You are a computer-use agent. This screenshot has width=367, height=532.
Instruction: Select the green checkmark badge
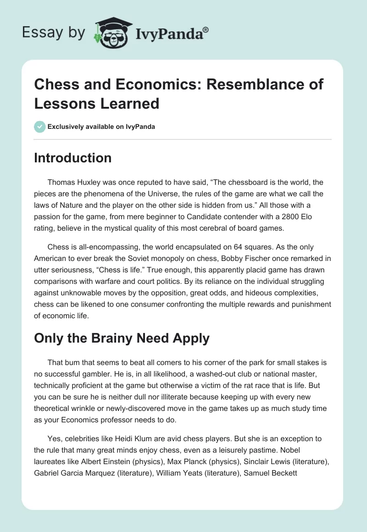(x=40, y=127)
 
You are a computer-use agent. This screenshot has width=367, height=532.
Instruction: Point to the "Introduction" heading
(x=72, y=158)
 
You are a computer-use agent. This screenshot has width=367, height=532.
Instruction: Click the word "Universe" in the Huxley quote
(x=175, y=194)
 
